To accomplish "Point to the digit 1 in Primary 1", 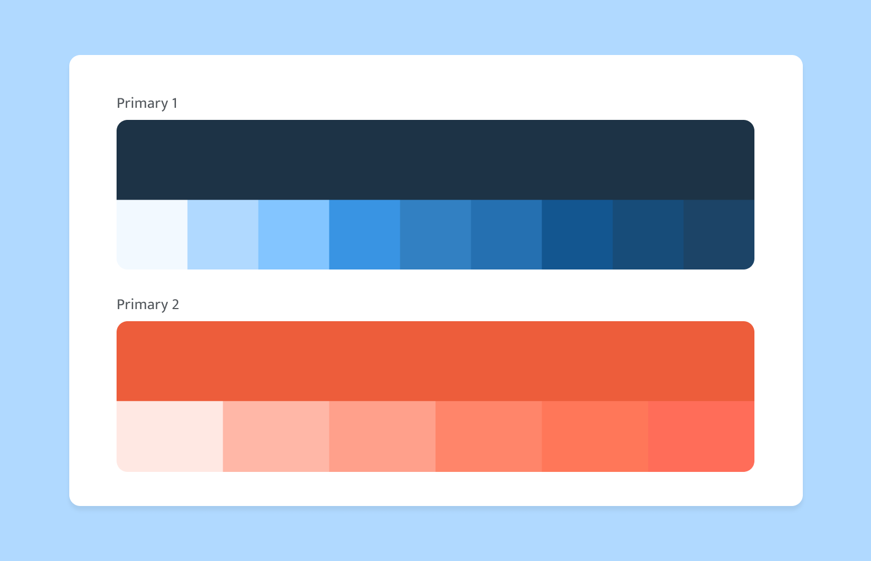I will coord(175,103).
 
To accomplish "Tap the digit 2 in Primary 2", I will coord(175,305).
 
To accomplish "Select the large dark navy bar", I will coord(435,159).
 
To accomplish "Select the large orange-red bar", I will coord(435,361).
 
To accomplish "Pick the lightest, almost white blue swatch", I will coord(152,235).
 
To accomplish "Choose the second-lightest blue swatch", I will coord(223,235).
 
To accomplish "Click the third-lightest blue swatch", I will coord(294,235).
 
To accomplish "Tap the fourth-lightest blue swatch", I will coord(365,235).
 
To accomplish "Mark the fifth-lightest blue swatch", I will coord(435,235).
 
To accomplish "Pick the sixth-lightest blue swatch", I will coord(506,235).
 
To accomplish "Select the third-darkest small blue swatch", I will coord(577,235).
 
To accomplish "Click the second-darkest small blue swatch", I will coord(648,235).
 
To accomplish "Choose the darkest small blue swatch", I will coord(719,235).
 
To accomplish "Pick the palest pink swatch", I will coord(169,436).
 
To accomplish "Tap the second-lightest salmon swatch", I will coord(276,436).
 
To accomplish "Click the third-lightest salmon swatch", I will coord(382,436).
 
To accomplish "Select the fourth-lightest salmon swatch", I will coord(488,436).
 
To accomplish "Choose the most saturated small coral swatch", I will coord(701,436).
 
